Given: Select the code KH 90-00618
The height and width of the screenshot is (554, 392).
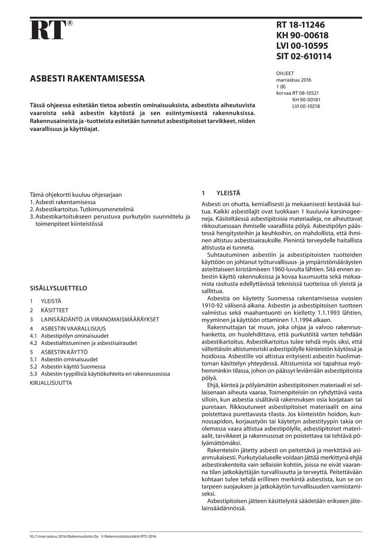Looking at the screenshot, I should pos(302,36).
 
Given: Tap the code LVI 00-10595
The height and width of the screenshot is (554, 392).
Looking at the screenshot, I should pos(302,46).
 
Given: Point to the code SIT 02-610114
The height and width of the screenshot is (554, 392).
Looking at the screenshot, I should pos(304,56).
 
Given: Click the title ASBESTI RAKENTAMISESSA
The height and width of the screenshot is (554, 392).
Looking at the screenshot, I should pos(88,79).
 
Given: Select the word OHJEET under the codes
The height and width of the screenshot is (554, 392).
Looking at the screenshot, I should pos(285,73).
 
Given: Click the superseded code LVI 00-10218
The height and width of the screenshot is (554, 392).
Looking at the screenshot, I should pos(306,106).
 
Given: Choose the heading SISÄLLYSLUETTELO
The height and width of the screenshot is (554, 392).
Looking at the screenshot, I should pos(58,288).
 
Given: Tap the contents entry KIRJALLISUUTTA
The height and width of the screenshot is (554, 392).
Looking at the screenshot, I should pos(51,382).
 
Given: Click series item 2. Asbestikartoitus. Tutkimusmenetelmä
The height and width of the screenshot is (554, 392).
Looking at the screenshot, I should pos(82,209).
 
